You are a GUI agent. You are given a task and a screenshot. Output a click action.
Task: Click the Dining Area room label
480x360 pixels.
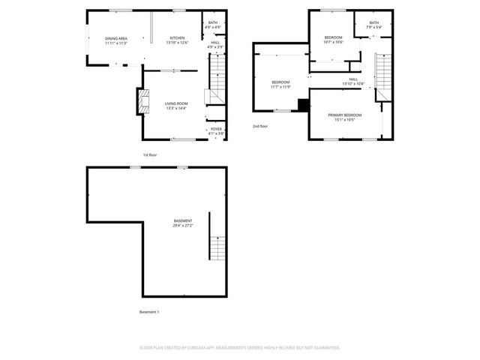pos(115,40)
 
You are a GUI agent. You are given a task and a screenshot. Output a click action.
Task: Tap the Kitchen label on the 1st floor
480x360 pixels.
pos(177,40)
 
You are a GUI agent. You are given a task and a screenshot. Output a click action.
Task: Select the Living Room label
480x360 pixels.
pos(176,105)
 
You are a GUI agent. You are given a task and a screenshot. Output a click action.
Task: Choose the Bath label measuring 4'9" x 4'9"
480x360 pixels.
pos(213,25)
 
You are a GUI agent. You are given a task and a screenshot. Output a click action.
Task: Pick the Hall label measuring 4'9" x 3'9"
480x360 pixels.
pos(214,45)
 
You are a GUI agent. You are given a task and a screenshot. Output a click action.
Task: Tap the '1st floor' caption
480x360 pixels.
pos(150,154)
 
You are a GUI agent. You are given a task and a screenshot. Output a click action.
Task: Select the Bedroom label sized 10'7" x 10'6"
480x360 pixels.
pos(333,39)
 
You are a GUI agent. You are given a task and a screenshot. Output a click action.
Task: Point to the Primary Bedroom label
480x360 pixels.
pos(344,116)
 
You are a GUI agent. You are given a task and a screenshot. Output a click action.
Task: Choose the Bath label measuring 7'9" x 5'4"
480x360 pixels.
pos(373,25)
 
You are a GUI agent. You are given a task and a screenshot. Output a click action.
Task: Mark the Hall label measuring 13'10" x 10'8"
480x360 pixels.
pos(352,81)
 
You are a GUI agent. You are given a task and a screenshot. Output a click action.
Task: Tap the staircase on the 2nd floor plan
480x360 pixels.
pos(384,75)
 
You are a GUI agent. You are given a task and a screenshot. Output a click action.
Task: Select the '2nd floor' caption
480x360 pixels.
pos(259,126)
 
